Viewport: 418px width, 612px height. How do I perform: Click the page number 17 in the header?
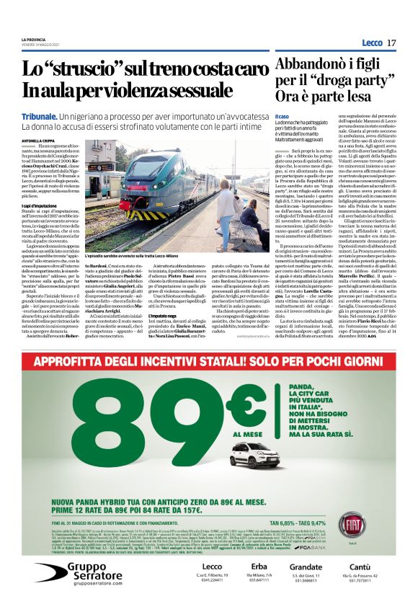[391, 43]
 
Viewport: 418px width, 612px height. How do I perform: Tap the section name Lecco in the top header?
[372, 43]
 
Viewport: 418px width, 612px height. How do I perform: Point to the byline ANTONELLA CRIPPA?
[38, 141]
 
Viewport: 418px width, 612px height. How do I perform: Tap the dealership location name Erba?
[259, 565]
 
